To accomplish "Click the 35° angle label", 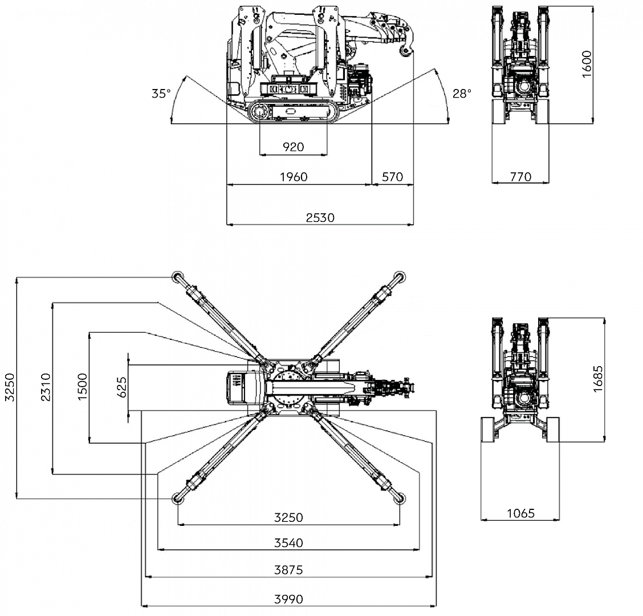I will point(161,94).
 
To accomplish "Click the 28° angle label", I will point(462,94).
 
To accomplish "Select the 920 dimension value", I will point(294,147).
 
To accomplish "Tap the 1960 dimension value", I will point(294,176).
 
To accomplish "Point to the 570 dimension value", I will point(392,176).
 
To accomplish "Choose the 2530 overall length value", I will point(320,217).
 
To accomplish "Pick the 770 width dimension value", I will point(520,176).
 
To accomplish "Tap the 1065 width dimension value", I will point(521,513).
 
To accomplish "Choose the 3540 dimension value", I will point(288,542).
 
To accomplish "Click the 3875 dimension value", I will point(288,569).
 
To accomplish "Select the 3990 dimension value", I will point(288,599).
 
